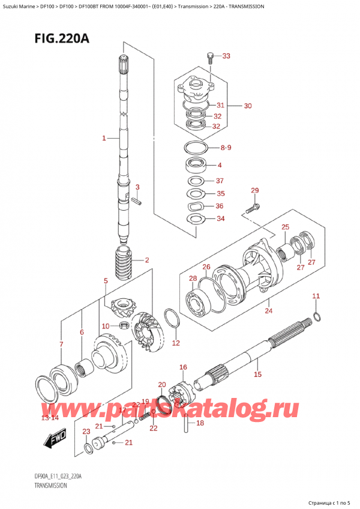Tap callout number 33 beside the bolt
[x=226, y=56]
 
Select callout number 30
[x=247, y=106]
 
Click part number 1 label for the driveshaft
[x=104, y=138]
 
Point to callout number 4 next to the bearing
[x=220, y=165]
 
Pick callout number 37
[x=220, y=181]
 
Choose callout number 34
[x=220, y=218]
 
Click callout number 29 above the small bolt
[x=254, y=191]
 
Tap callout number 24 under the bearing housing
[x=268, y=310]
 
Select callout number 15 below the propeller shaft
[x=257, y=375]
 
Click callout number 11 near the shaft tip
[x=316, y=297]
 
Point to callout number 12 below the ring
[x=175, y=343]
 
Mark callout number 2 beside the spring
[x=146, y=260]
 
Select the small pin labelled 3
[x=138, y=202]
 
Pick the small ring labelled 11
[x=316, y=318]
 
